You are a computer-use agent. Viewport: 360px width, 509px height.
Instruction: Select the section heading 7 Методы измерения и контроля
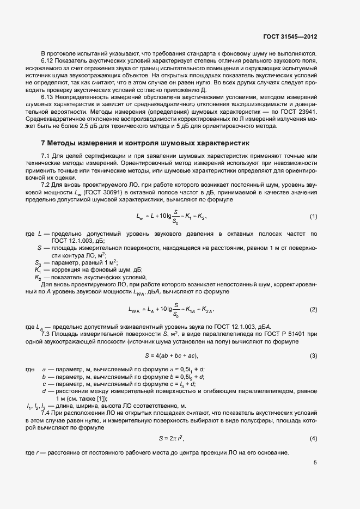coord(145,144)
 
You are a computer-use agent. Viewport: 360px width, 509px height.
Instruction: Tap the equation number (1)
coord(314,217)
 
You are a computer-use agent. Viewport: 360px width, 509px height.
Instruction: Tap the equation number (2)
coord(314,310)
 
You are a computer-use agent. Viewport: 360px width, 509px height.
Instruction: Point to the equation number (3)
coord(314,356)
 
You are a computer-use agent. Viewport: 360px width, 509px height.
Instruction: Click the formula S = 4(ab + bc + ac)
coord(170,356)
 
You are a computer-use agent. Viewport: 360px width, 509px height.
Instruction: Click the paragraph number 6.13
coord(48,96)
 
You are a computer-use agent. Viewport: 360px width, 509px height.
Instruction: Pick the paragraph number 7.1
coord(46,157)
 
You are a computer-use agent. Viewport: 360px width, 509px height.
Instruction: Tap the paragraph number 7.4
coord(46,413)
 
